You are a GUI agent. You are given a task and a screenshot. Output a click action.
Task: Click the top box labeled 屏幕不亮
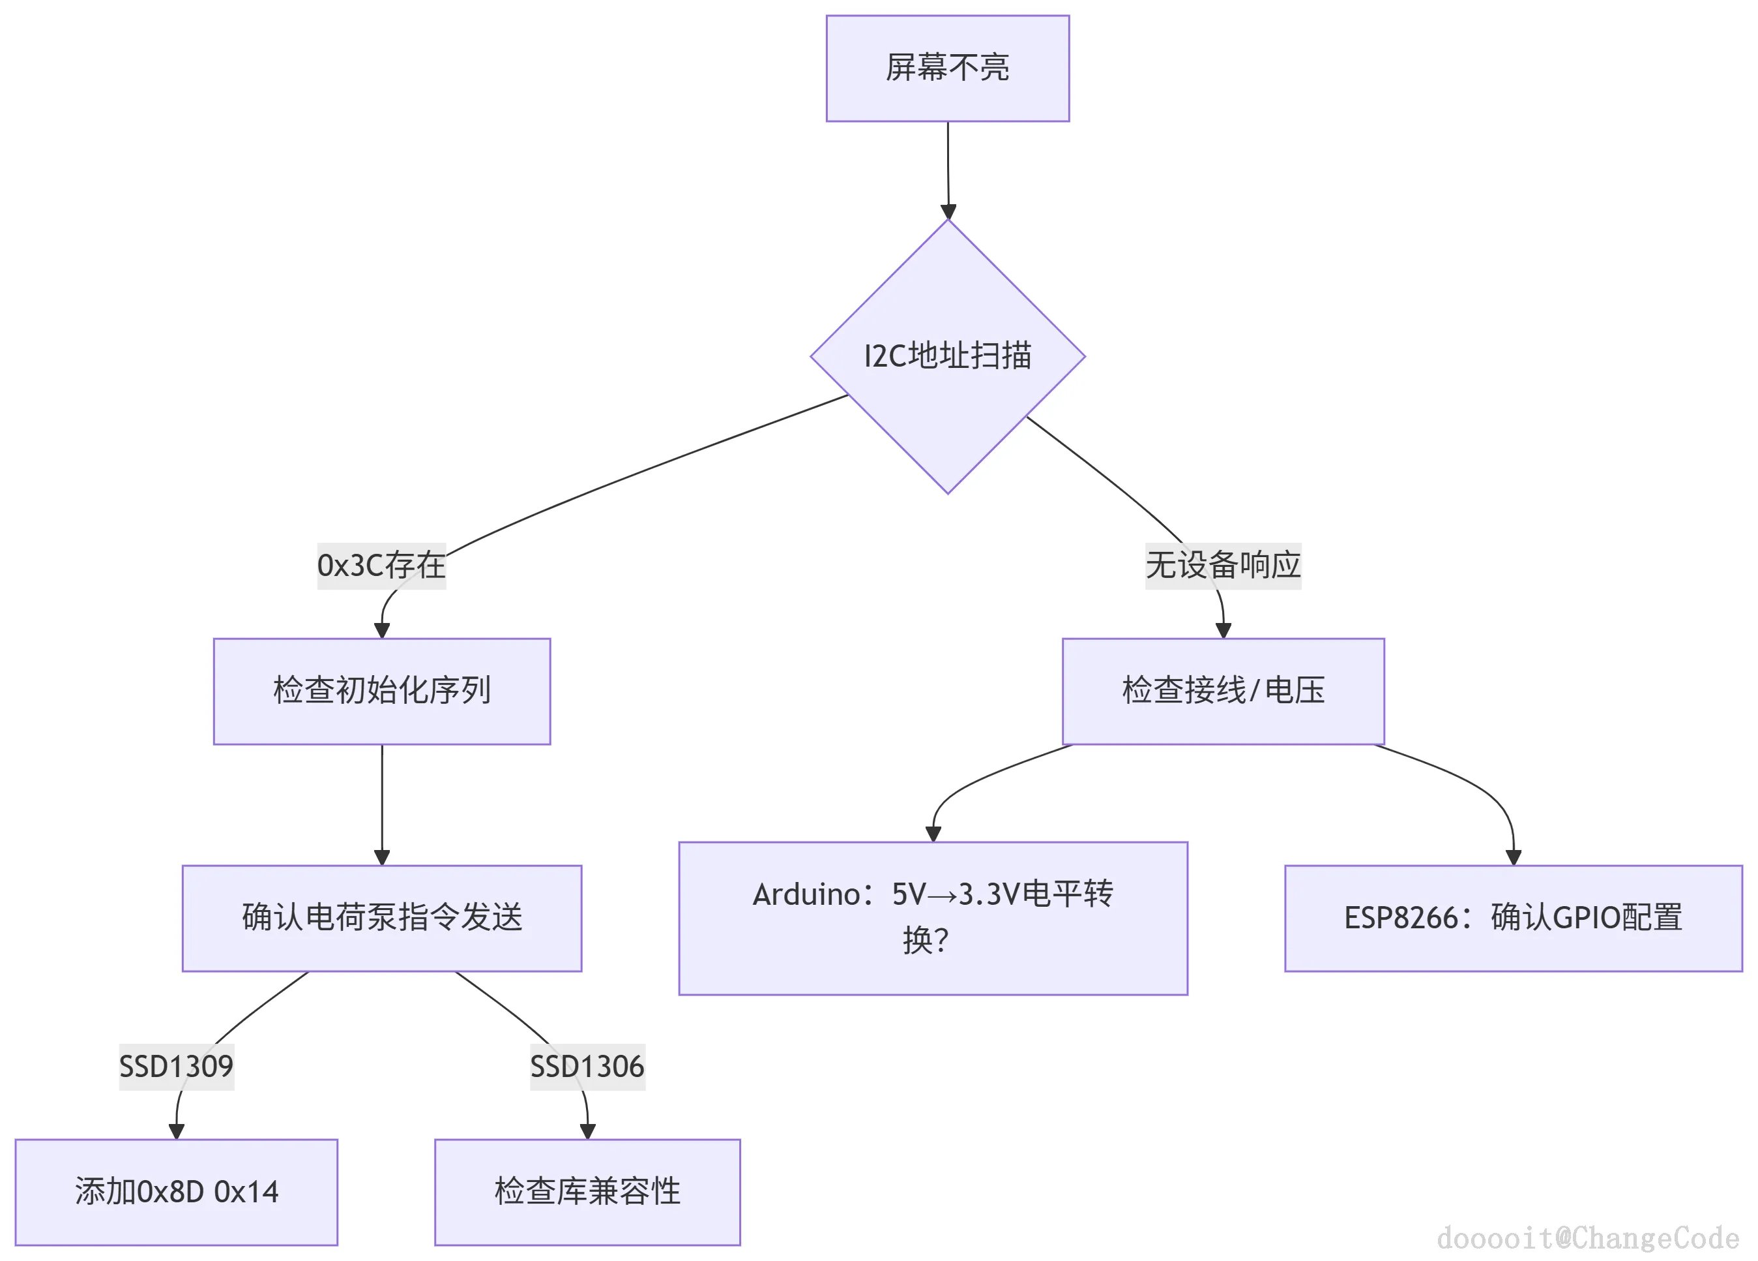pyautogui.click(x=947, y=68)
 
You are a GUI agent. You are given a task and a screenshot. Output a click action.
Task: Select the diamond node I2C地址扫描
pyautogui.click(x=947, y=356)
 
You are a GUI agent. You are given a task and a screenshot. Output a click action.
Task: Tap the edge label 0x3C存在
pyautogui.click(x=381, y=566)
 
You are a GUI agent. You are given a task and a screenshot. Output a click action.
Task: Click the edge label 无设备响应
pyautogui.click(x=1222, y=566)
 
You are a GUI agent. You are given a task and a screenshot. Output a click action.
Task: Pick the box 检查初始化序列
pyautogui.click(x=381, y=691)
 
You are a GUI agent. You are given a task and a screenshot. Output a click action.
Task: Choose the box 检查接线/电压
pyautogui.click(x=1222, y=691)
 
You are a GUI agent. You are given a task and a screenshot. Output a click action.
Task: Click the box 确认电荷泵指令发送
pyautogui.click(x=381, y=917)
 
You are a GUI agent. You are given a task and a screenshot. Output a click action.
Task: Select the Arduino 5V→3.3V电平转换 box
pyautogui.click(x=933, y=917)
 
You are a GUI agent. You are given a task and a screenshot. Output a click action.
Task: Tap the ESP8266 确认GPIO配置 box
pyautogui.click(x=1512, y=917)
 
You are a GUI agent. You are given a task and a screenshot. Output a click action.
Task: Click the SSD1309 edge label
pyautogui.click(x=176, y=1067)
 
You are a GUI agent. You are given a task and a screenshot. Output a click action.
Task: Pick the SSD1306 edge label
pyautogui.click(x=587, y=1067)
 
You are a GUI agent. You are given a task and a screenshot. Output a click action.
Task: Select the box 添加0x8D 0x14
pyautogui.click(x=176, y=1192)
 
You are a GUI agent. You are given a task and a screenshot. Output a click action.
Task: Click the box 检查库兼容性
pyautogui.click(x=587, y=1192)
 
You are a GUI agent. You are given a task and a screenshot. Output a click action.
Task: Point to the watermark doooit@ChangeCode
pyautogui.click(x=1587, y=1238)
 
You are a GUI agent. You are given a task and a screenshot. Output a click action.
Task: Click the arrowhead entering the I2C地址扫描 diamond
pyautogui.click(x=948, y=212)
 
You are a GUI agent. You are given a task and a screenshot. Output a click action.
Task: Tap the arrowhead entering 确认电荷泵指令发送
pyautogui.click(x=382, y=857)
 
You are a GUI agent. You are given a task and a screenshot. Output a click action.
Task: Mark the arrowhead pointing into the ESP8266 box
pyautogui.click(x=1513, y=857)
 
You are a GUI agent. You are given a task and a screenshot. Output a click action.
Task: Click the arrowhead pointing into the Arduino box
pyautogui.click(x=933, y=834)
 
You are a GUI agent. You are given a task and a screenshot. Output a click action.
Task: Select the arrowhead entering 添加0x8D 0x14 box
pyautogui.click(x=177, y=1131)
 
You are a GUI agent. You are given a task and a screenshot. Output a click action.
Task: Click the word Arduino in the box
pyautogui.click(x=806, y=894)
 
